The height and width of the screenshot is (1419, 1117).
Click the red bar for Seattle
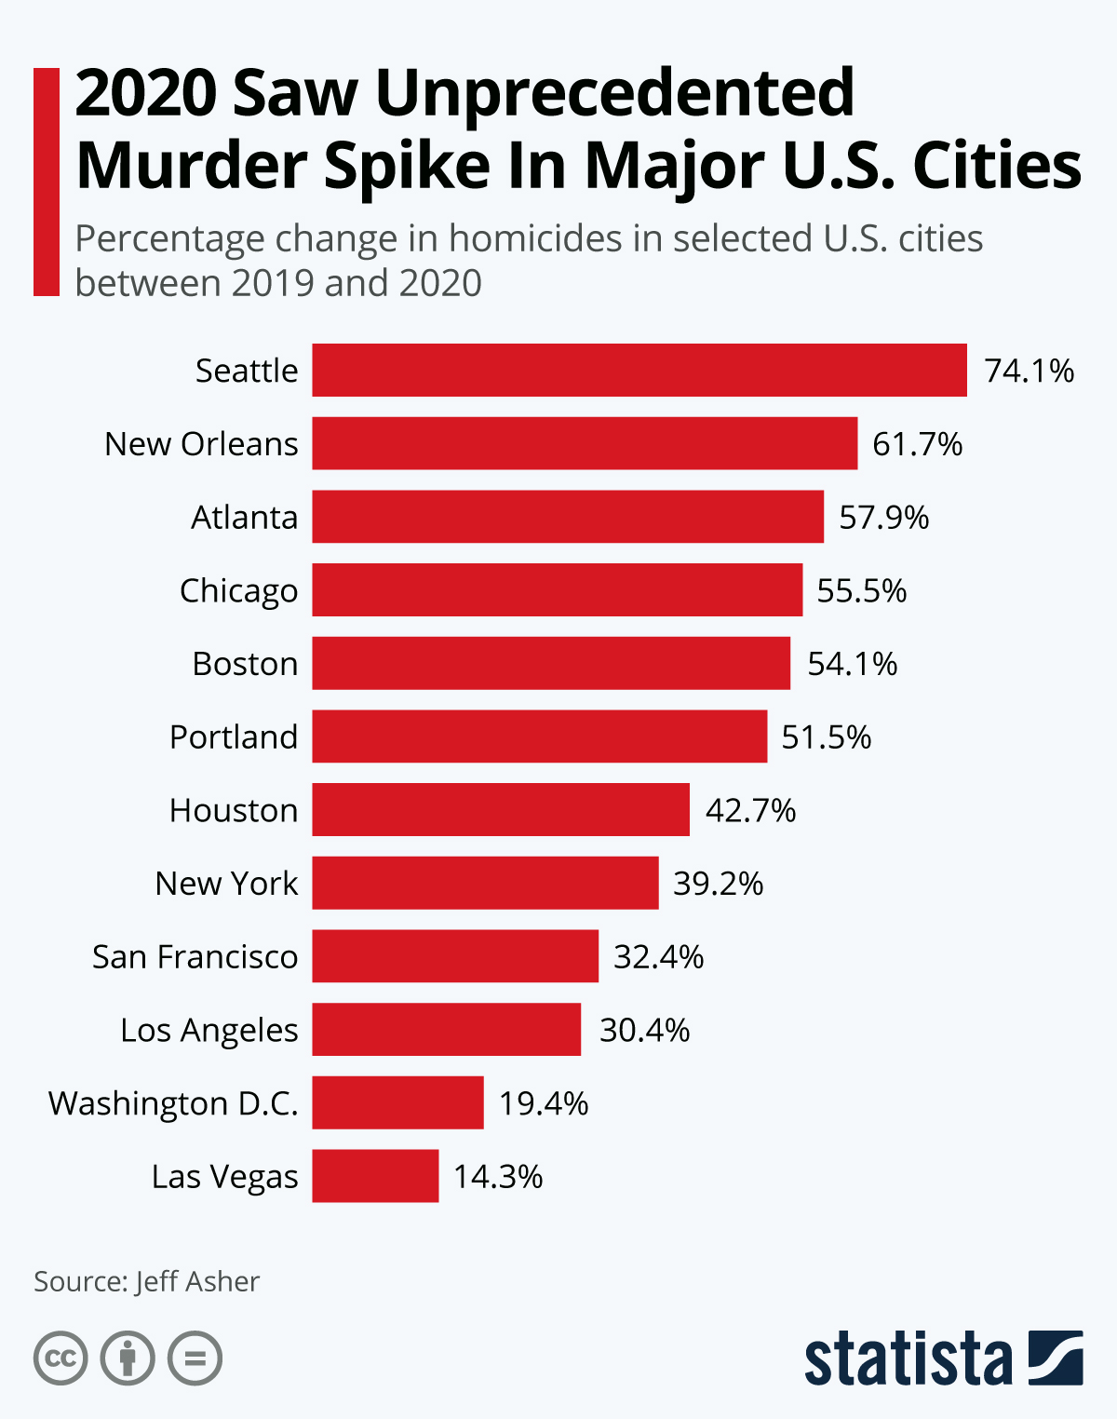click(x=639, y=370)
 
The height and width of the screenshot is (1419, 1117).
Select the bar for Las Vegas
click(x=375, y=1176)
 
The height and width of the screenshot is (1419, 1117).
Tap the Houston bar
click(x=501, y=810)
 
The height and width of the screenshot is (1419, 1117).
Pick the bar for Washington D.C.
click(x=397, y=1102)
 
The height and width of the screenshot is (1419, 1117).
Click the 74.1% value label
click(x=1029, y=371)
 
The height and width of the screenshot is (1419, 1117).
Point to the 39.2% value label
click(x=718, y=883)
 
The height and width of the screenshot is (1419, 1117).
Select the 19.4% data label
click(x=544, y=1103)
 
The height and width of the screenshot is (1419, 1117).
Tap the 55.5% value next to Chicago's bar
click(x=861, y=590)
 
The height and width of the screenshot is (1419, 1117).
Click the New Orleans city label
click(x=201, y=444)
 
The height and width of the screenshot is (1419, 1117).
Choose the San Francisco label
click(x=195, y=956)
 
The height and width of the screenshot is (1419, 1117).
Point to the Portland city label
click(x=234, y=737)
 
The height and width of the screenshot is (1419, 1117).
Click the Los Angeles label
click(x=209, y=1030)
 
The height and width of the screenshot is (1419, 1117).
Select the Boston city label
click(x=245, y=664)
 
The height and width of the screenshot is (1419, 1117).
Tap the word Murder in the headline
click(x=192, y=166)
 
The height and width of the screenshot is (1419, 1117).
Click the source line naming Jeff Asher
click(x=147, y=1281)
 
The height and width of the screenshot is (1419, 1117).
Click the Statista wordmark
click(x=908, y=1359)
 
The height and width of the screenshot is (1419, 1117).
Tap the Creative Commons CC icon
click(x=61, y=1358)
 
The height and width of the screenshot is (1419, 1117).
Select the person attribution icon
click(x=128, y=1358)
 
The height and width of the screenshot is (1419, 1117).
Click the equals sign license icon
click(x=195, y=1358)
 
